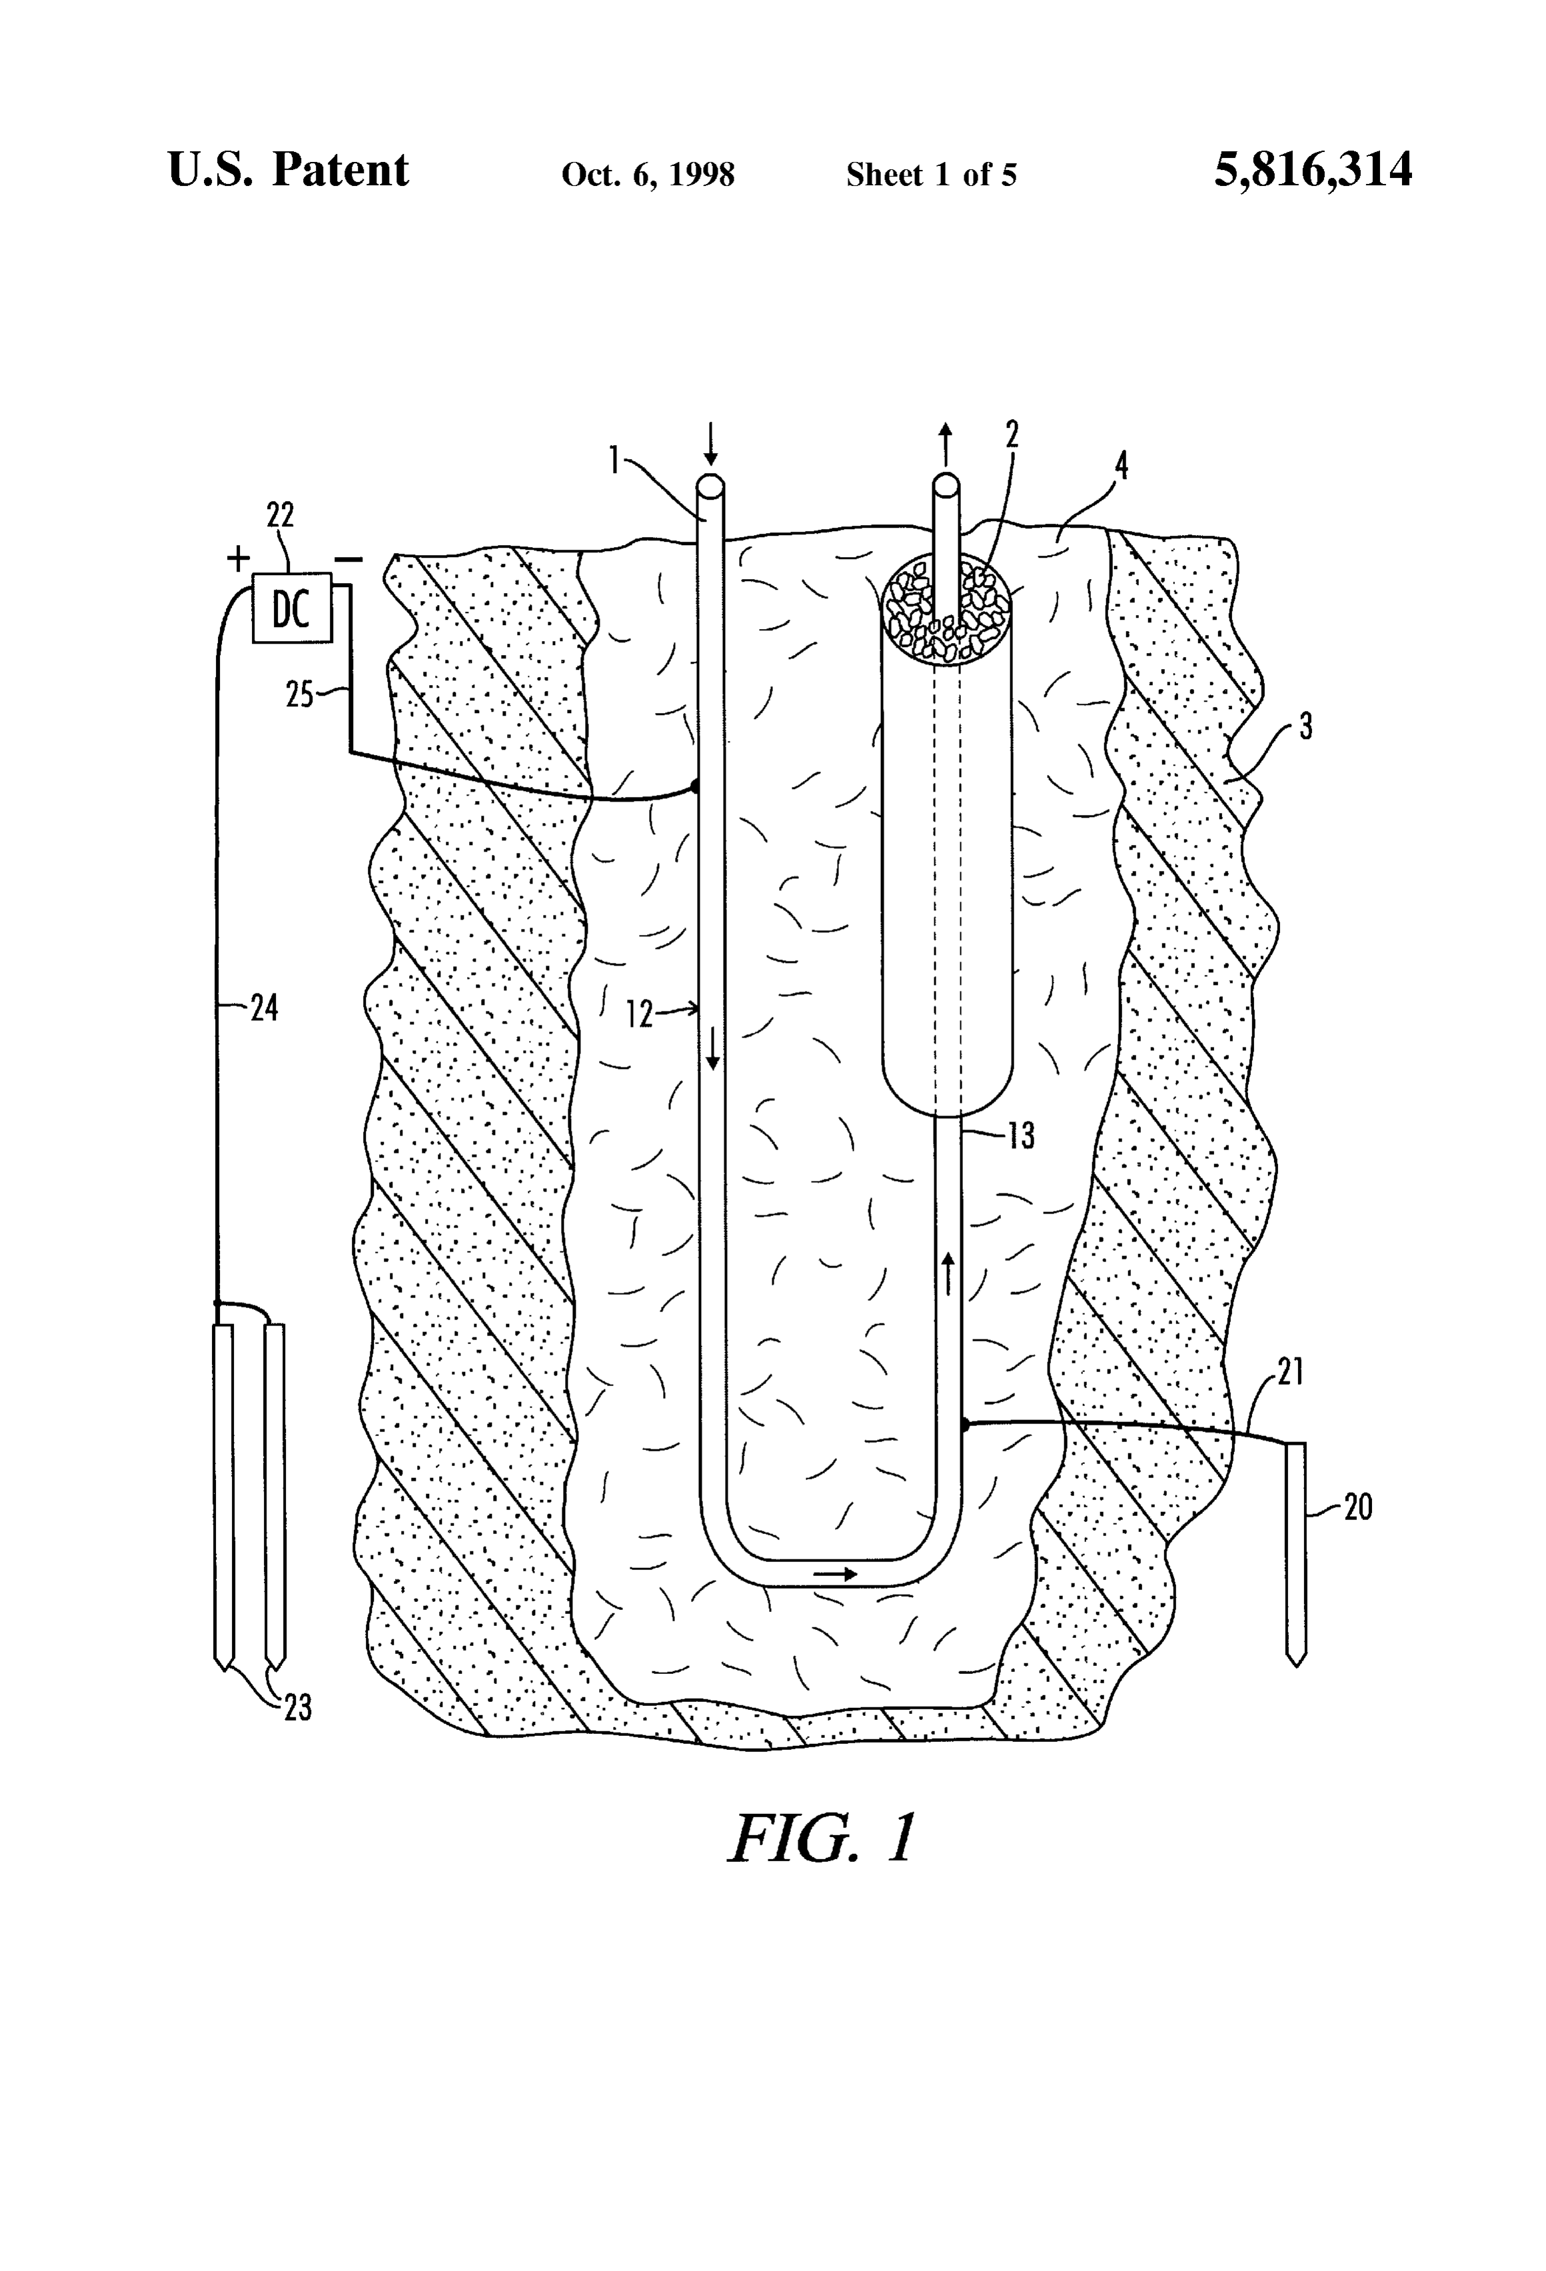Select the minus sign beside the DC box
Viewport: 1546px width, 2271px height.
click(349, 560)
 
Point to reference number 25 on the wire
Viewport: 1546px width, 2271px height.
click(300, 695)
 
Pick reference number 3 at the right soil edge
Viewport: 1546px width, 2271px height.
click(1307, 726)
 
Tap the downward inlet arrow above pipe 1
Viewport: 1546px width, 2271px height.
click(710, 444)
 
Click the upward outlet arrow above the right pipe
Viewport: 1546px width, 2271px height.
click(945, 446)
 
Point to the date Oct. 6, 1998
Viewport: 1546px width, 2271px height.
click(648, 175)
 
